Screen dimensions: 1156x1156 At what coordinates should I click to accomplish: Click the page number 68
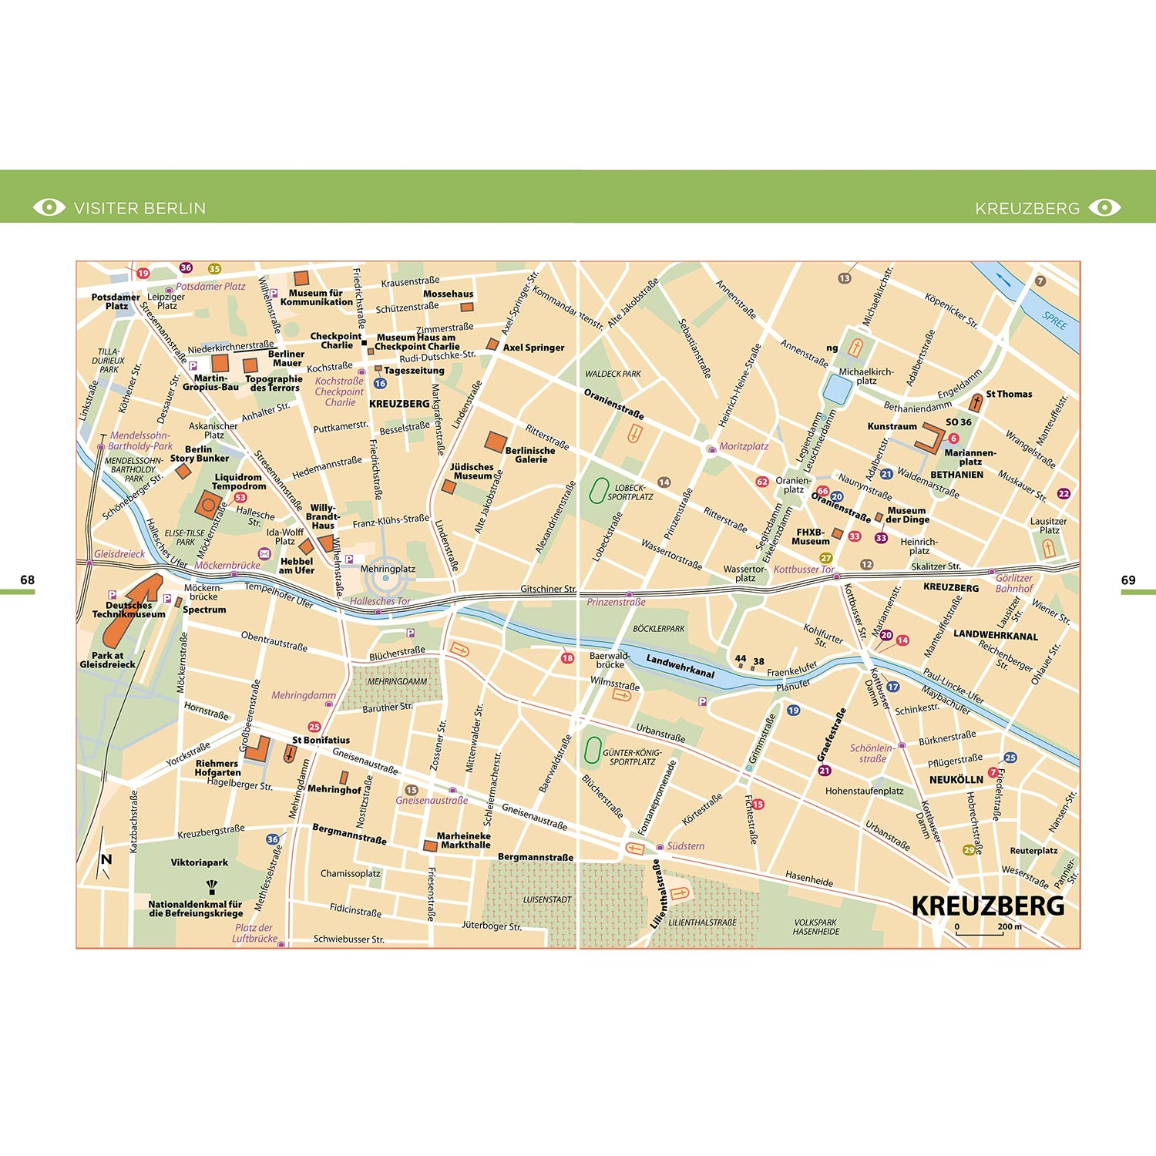(x=28, y=580)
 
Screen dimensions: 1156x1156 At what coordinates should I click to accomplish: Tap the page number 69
(x=1128, y=580)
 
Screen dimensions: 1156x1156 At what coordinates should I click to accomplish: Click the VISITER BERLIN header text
(x=139, y=208)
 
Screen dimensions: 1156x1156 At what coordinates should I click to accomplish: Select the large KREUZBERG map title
(x=987, y=906)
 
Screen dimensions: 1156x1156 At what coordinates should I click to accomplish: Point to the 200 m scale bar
(x=980, y=933)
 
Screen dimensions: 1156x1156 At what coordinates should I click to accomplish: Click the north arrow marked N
(x=106, y=860)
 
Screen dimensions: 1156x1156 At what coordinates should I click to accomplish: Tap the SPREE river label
(x=1054, y=320)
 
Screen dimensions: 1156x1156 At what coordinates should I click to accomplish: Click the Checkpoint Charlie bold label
(x=336, y=341)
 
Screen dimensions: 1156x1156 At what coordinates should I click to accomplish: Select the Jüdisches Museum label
(x=472, y=472)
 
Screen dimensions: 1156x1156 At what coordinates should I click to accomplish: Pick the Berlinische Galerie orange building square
(x=496, y=442)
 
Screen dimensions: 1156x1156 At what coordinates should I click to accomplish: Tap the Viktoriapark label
(x=200, y=862)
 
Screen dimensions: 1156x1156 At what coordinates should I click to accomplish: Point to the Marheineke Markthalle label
(x=463, y=840)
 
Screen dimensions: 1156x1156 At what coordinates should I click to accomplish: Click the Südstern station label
(x=685, y=846)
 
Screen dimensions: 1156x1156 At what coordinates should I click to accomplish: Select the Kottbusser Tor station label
(x=804, y=570)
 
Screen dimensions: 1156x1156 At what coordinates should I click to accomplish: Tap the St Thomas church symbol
(x=976, y=402)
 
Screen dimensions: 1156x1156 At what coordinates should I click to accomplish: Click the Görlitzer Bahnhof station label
(x=1013, y=583)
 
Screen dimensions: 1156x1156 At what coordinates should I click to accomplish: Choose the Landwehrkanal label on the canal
(x=680, y=667)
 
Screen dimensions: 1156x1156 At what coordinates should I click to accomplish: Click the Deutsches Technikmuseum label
(x=129, y=610)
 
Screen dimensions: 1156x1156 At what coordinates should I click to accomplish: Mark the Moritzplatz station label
(x=744, y=446)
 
